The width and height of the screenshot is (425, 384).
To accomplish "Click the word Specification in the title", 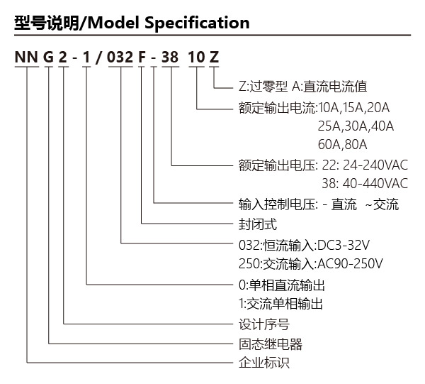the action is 197,23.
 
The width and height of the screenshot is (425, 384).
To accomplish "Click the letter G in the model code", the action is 48,57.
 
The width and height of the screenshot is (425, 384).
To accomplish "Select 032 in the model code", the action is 120,57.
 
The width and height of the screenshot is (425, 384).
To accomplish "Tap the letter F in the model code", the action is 142,57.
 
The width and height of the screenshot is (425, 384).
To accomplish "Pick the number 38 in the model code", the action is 170,57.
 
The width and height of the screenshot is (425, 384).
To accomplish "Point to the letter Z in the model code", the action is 214,57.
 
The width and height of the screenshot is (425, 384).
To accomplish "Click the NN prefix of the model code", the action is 26,57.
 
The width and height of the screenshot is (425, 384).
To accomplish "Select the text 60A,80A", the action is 343,145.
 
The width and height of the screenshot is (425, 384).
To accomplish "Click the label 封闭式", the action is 258,224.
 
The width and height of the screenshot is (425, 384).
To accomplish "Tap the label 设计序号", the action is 264,324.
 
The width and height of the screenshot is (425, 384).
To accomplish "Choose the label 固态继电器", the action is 271,344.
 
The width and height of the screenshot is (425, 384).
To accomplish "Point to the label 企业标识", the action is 264,363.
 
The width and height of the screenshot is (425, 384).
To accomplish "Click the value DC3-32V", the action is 343,245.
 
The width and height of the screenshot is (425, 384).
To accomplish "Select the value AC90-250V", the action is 350,263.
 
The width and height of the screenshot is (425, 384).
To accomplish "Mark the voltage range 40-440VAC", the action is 375,184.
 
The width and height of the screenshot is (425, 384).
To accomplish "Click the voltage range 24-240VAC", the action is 375,165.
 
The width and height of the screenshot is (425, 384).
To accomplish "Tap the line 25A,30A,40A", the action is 356,126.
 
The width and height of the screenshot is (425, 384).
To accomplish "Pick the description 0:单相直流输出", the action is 282,285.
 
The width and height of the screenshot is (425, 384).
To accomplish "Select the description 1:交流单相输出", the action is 280,304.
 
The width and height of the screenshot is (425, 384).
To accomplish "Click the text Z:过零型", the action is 263,87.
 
